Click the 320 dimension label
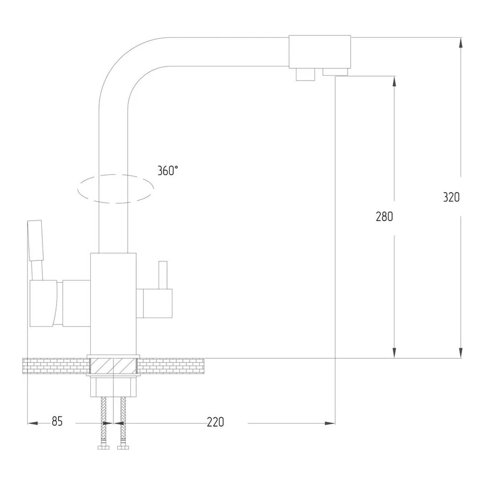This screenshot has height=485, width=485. (451, 197)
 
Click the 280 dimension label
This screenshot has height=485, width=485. (385, 216)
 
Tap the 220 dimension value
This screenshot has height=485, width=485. (215, 422)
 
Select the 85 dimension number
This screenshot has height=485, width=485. (57, 421)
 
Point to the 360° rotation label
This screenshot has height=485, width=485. (168, 170)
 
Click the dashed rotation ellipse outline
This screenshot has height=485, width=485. (115, 175)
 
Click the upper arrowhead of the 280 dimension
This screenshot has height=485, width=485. (394, 81)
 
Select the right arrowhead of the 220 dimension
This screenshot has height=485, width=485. (330, 423)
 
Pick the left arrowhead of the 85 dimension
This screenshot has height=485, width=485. (33, 423)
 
